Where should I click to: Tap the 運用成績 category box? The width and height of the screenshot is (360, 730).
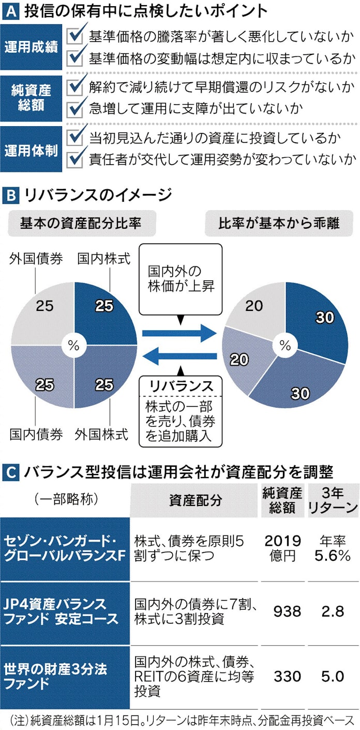tap(32, 46)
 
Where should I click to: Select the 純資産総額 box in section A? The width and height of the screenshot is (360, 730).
tap(32, 96)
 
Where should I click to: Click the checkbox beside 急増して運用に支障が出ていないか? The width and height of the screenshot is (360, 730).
tap(76, 109)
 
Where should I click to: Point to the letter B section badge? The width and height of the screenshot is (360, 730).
tap(10, 195)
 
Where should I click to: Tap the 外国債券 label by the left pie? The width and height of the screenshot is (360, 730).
tap(36, 258)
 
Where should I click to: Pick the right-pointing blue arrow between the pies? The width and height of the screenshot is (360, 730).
tap(178, 333)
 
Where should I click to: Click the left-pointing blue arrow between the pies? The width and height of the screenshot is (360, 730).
tap(178, 356)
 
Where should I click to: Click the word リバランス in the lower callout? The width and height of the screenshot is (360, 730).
tap(181, 386)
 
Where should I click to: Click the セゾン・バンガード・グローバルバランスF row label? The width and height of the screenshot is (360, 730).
tap(65, 548)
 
